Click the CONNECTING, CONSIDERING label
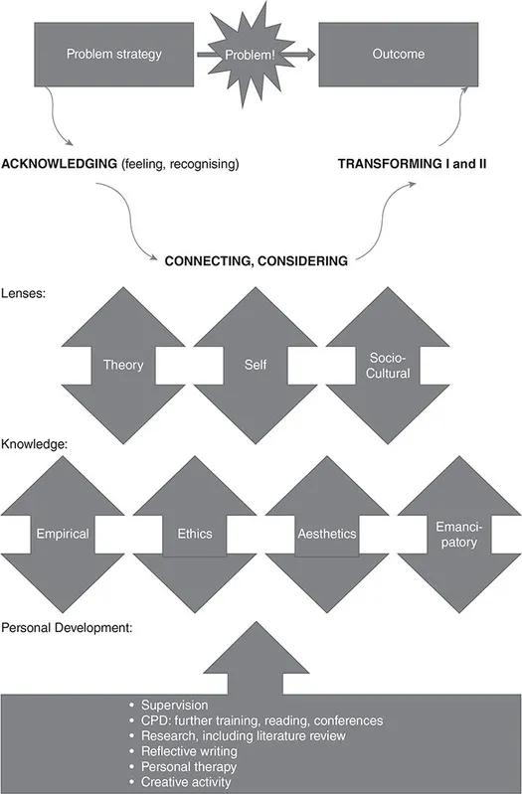256,261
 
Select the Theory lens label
123,365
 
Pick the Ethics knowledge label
195,534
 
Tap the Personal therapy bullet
183,765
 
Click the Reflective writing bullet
186,750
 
